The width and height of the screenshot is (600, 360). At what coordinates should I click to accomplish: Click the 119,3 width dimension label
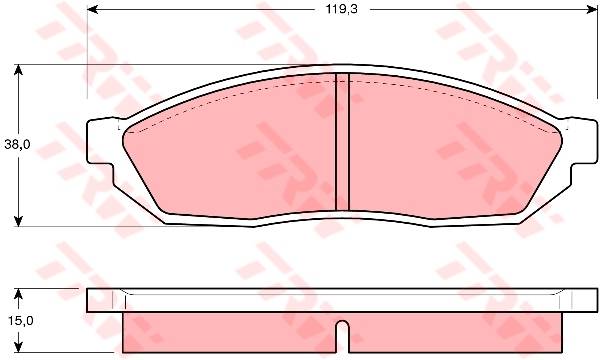click(x=341, y=9)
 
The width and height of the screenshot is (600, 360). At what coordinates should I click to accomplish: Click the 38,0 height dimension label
click(x=17, y=145)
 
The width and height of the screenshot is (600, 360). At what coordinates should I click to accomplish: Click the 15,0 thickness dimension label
click(x=21, y=321)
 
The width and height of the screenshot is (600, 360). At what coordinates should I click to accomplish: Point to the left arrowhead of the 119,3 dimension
click(x=93, y=10)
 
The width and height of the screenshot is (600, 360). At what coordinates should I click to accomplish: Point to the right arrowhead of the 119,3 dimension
click(x=592, y=10)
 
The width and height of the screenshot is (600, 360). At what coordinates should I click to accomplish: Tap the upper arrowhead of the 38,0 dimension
click(x=18, y=70)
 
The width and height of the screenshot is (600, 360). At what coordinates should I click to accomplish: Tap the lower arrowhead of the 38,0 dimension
click(x=18, y=221)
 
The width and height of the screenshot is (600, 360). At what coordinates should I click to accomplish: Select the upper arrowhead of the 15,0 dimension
click(x=18, y=294)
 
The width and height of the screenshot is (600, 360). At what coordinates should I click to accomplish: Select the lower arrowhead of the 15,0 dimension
click(x=18, y=347)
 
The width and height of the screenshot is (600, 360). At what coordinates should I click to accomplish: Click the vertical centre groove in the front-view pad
click(x=342, y=142)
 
